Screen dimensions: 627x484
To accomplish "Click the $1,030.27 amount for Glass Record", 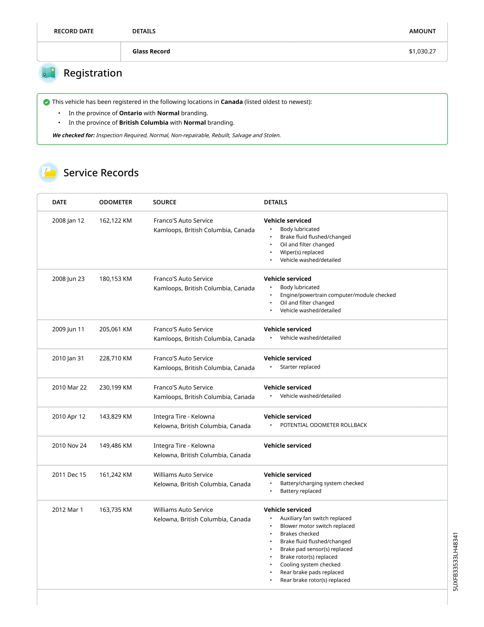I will pos(422,51).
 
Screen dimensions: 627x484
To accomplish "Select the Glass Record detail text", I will pos(151,51).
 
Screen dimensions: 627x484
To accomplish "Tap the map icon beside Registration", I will pos(48,73).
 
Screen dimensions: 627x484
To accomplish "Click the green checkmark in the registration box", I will pos(46,102).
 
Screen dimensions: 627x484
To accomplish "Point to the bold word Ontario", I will pos(130,113).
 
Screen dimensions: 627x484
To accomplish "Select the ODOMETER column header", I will pos(116,202).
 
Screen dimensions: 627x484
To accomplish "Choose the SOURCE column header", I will pos(165,202).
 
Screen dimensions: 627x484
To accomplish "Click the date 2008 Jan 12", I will pos(68,221).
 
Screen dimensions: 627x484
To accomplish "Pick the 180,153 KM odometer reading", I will pos(116,279).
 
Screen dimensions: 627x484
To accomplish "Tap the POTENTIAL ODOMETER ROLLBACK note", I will pos(323,425).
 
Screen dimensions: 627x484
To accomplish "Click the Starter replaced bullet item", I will pos(300,367).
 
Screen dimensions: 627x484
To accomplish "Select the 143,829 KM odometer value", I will pos(116,417).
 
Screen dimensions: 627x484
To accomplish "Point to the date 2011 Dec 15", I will pos(69,475).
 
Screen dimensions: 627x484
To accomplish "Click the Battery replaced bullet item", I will pos(300,491).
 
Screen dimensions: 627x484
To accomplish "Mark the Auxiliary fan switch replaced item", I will pos(315,518).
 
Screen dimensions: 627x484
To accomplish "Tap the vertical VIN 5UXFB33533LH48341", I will pos(455,561).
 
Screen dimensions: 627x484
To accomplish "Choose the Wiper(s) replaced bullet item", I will pos(302,252).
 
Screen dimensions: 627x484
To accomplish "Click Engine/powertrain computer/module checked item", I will pos(338,295).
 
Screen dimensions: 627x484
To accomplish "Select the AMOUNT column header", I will pos(422,31).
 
